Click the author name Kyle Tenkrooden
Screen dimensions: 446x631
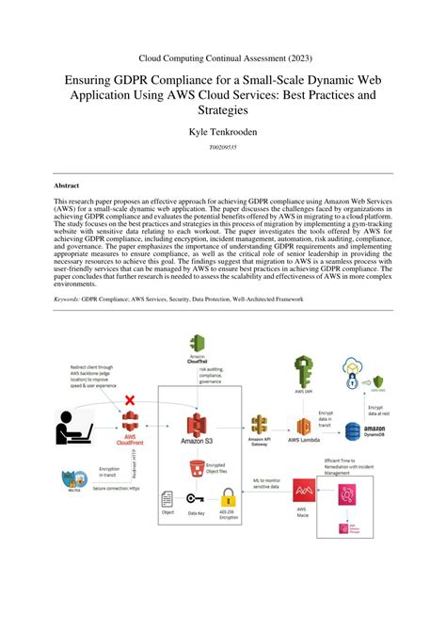pyautogui.click(x=222, y=134)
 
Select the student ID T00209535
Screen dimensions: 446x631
pyautogui.click(x=222, y=149)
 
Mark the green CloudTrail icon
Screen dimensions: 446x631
pyautogui.click(x=198, y=343)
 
